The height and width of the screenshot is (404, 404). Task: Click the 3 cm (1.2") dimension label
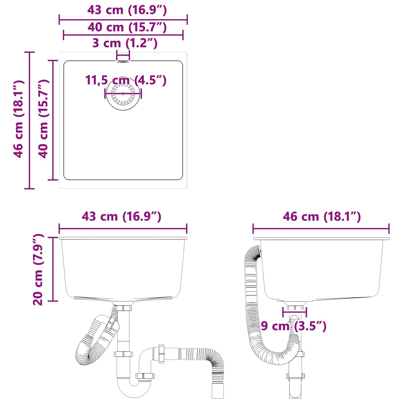coord(125,43)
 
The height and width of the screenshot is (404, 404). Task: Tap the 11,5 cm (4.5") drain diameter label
coord(126,80)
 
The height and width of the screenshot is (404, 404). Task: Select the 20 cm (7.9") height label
coord(38,270)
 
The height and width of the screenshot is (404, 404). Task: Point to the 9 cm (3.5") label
coord(294,326)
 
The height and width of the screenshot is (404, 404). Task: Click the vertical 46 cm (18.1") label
coord(19,119)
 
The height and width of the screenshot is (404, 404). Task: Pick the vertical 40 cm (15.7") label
coord(44,119)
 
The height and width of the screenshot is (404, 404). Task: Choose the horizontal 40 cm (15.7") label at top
coord(127,27)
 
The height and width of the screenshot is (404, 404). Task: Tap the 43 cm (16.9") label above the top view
coord(127,10)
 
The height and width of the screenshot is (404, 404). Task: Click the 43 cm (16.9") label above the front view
coord(121,216)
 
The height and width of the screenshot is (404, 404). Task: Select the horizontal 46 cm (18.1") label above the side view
coord(322,216)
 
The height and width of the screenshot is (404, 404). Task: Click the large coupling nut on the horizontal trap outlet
coord(161,354)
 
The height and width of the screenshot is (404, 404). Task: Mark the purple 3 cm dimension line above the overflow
coord(123,55)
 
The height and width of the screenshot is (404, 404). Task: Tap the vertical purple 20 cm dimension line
coord(53,269)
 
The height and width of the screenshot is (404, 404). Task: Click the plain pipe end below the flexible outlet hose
coord(218,390)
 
